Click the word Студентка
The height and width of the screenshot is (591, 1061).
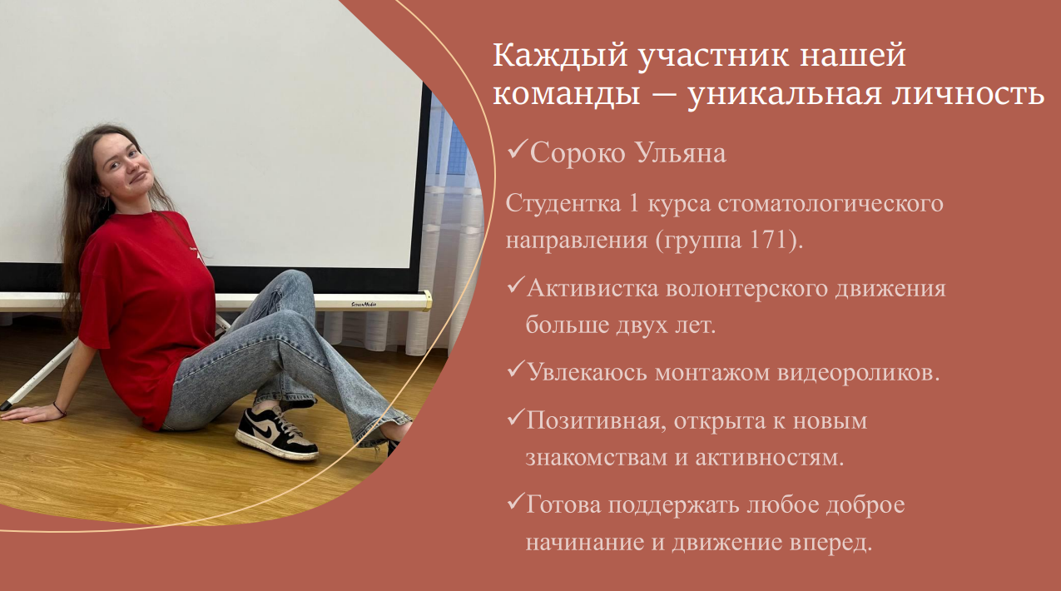[563, 203]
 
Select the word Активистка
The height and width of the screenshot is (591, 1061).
[592, 288]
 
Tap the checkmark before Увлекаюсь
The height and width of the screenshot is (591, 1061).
[515, 370]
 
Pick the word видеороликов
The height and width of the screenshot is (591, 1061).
[858, 373]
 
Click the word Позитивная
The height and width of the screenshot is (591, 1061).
[593, 420]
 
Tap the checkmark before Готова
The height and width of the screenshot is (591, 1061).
[515, 502]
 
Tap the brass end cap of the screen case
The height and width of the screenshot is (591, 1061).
[426, 301]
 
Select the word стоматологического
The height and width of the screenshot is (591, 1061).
[830, 203]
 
